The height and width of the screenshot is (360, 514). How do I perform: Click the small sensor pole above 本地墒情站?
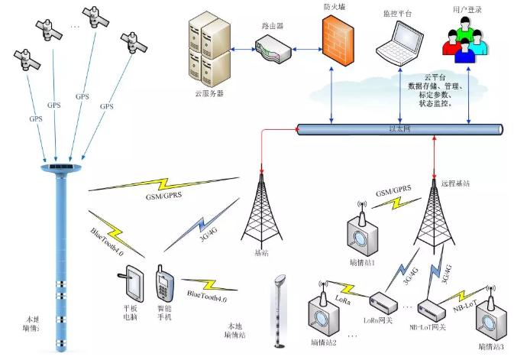280,310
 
